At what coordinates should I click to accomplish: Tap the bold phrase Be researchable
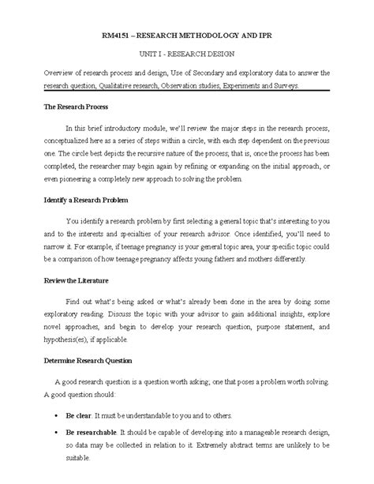pyautogui.click(x=101, y=433)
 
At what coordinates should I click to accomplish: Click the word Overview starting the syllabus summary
pyautogui.click(x=62, y=72)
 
